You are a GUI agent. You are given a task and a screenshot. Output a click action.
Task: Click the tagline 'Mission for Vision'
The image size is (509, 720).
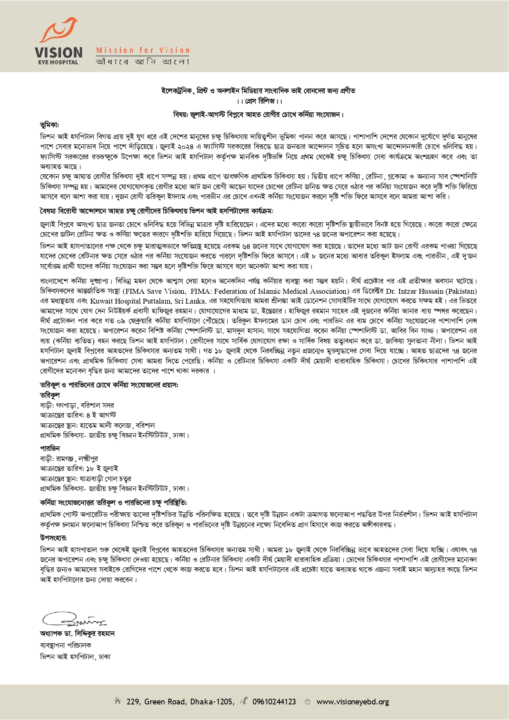143,50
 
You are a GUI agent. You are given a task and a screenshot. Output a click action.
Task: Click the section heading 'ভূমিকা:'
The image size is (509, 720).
50,125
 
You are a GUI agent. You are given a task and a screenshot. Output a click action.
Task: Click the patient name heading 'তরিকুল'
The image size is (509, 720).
50,395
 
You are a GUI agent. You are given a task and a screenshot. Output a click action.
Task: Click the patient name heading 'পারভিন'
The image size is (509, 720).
50,448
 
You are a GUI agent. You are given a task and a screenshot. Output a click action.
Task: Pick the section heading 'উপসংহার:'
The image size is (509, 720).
53,538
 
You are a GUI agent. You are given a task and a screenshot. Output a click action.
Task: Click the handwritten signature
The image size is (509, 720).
74,618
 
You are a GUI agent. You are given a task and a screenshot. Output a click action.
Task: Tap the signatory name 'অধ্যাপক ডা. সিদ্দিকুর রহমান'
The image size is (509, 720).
77,634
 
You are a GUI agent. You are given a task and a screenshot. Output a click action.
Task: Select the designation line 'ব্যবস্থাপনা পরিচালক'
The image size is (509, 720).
66,645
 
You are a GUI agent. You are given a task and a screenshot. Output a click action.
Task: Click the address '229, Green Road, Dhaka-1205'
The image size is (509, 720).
180,702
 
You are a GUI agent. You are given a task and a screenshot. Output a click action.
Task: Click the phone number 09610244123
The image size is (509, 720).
274,702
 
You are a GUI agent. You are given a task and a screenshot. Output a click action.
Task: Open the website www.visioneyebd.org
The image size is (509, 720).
353,702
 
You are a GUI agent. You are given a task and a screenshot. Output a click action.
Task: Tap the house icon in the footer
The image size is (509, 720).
118,701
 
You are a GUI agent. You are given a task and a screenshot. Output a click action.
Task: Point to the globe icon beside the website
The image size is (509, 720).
307,702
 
